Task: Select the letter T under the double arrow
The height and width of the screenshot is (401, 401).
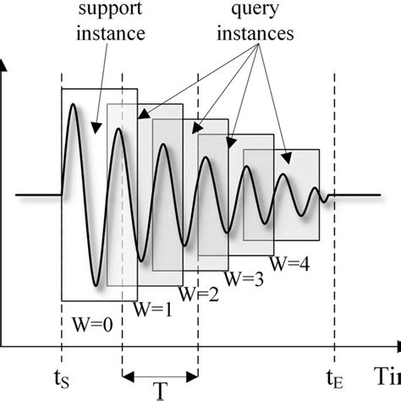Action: (x=160, y=391)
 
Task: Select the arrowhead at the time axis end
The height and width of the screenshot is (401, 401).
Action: (x=395, y=345)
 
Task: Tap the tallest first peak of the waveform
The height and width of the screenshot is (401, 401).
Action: (x=74, y=105)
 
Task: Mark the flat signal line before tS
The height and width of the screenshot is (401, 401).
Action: (x=38, y=196)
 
